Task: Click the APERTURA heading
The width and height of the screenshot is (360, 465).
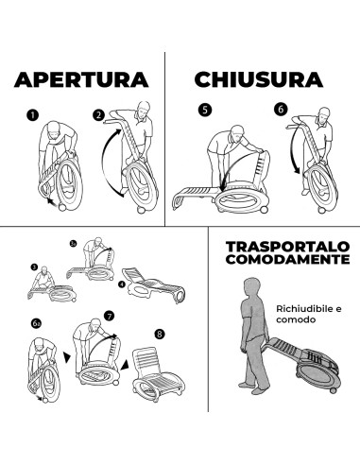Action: click(81, 79)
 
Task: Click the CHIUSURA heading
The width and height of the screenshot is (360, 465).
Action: click(259, 79)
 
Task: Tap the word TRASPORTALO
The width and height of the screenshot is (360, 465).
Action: click(288, 247)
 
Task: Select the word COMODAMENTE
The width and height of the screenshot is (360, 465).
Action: click(288, 259)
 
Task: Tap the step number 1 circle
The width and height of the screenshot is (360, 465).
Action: click(32, 115)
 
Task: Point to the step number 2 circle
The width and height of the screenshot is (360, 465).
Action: click(98, 115)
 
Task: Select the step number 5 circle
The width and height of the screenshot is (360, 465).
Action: click(205, 110)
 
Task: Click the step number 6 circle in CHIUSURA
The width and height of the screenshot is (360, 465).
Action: click(281, 109)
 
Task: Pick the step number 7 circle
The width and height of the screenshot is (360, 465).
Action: click(109, 316)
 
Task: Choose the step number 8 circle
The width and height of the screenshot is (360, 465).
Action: click(160, 334)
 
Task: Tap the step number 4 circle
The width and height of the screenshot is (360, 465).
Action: click(122, 284)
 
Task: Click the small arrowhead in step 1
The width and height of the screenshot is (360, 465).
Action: click(49, 200)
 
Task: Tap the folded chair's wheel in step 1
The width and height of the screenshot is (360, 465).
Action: click(62, 207)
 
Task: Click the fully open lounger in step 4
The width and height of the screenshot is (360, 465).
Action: click(153, 285)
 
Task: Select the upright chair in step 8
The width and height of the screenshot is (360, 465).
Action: click(159, 374)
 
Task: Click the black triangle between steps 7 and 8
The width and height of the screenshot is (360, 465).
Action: click(125, 365)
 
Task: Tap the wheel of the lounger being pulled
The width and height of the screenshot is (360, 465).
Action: click(333, 390)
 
